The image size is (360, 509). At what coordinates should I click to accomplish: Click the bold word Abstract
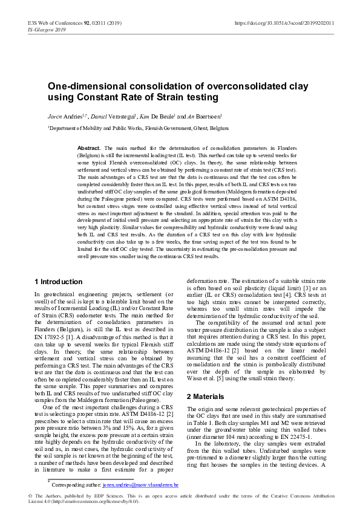[x=90, y=148]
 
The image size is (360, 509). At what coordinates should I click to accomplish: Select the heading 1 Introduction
[x=59, y=282]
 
